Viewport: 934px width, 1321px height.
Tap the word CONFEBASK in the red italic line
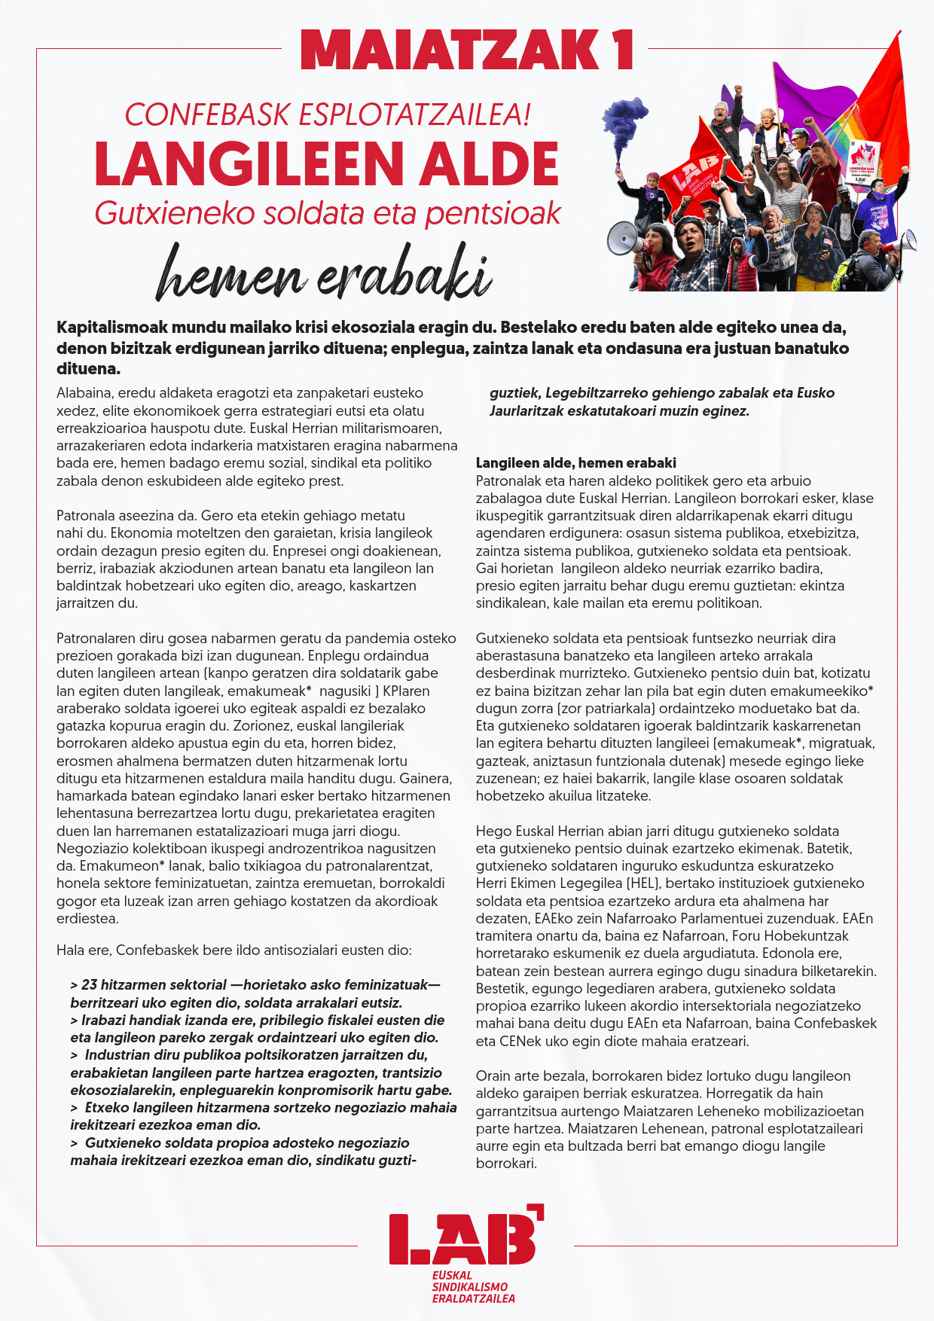(x=207, y=114)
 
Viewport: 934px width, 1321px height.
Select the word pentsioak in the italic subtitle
(x=493, y=213)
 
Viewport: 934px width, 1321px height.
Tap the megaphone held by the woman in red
(x=624, y=239)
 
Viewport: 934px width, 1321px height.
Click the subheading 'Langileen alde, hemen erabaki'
(x=575, y=463)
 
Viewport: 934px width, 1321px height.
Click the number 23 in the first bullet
(x=89, y=985)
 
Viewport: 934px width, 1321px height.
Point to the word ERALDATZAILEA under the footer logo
(x=473, y=1298)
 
